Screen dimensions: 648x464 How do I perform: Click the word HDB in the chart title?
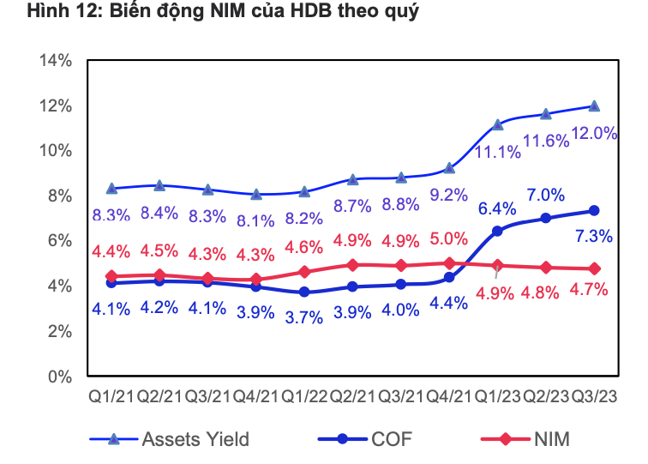(311, 10)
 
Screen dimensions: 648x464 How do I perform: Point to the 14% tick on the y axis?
(56, 60)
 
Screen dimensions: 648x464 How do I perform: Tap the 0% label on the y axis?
(60, 377)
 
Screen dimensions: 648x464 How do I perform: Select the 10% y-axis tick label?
(56, 151)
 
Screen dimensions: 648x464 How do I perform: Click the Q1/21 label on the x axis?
(111, 396)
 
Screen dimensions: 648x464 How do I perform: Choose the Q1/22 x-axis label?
(304, 396)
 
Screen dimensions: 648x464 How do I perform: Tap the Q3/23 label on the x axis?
(594, 396)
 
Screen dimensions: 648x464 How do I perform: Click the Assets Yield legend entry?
(170, 439)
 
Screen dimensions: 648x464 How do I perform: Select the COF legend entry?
(365, 439)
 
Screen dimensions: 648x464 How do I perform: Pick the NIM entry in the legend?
(525, 439)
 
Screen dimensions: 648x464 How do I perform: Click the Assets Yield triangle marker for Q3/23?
(594, 105)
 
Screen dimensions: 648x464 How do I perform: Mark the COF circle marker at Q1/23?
(497, 232)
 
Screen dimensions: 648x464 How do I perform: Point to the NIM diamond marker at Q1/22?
(304, 272)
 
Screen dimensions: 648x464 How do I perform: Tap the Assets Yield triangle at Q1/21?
(111, 189)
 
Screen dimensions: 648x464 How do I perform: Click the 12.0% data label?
(594, 134)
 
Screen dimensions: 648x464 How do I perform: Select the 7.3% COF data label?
(594, 236)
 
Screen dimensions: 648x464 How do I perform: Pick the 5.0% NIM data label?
(449, 238)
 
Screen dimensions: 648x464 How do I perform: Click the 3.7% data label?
(304, 317)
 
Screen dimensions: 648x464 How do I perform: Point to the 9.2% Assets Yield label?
(449, 195)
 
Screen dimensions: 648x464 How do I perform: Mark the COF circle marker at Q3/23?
(594, 211)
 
